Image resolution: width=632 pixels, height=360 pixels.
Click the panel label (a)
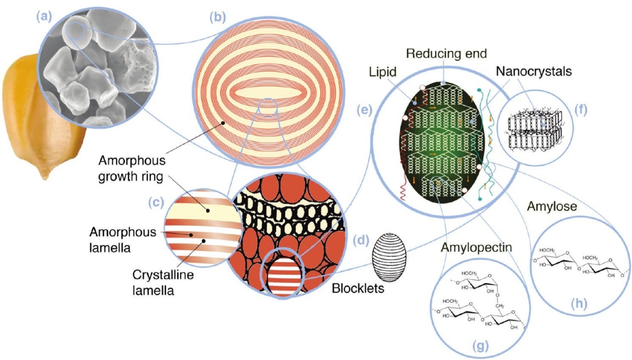tap(44, 17)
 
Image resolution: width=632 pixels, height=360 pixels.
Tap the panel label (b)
tap(218, 17)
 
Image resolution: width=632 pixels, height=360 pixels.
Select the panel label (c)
tap(156, 202)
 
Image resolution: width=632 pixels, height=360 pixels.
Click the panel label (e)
tap(364, 110)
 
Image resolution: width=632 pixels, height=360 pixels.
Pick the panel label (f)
tap(581, 110)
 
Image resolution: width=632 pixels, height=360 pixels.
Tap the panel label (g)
tap(480, 345)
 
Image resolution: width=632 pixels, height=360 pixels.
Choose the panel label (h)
tap(579, 304)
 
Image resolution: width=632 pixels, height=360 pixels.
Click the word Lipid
tap(383, 72)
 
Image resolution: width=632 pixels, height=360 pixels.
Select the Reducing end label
tap(447, 53)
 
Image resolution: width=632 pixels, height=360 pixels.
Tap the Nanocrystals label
tap(534, 71)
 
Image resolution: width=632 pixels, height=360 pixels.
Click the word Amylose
tap(552, 206)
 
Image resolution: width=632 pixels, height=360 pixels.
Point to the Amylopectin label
tap(476, 247)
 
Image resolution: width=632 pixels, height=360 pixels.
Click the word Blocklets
tap(358, 288)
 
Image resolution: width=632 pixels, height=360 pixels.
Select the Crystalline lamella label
tap(163, 282)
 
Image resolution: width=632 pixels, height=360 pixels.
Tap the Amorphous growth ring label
tap(132, 168)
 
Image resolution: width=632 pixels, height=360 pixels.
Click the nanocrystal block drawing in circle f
tap(535, 128)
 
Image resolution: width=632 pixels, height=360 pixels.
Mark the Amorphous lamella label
tap(123, 240)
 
